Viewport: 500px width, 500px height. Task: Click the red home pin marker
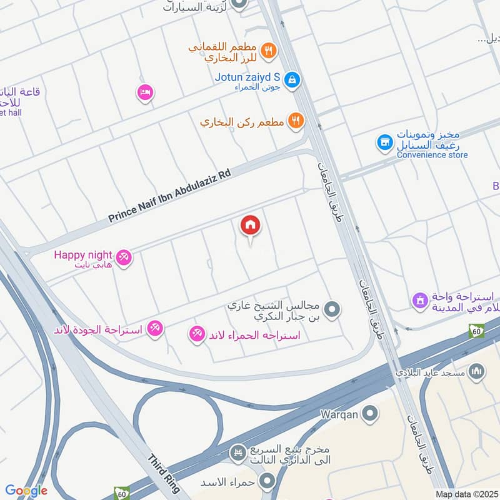click(251, 225)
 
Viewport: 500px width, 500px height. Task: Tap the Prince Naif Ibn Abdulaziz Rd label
click(169, 194)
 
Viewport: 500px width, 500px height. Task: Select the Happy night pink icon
click(124, 257)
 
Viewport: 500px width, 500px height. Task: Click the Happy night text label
click(82, 254)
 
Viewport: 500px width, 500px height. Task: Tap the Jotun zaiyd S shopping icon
click(292, 79)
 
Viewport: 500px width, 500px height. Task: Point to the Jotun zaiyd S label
click(247, 77)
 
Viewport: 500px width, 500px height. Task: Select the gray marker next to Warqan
click(371, 413)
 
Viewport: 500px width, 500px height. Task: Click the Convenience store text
click(432, 155)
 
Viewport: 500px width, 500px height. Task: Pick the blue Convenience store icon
click(384, 143)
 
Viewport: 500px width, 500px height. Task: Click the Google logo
click(26, 491)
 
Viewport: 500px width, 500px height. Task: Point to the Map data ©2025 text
click(466, 494)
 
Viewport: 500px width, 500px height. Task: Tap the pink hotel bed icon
click(145, 92)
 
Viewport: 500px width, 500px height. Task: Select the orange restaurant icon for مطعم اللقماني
click(268, 51)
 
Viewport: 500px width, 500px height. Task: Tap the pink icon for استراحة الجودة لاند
click(155, 327)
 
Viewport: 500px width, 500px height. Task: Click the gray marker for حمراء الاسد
click(267, 481)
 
